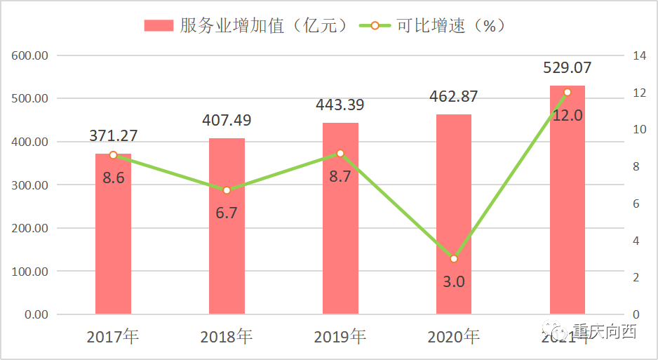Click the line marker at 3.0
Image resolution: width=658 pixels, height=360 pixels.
pos(454,259)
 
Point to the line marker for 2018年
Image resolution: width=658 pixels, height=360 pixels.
pos(227,190)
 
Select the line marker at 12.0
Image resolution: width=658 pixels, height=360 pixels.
pos(568,92)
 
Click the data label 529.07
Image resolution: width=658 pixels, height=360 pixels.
pos(568,68)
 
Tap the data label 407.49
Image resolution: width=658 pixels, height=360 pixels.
pos(227,120)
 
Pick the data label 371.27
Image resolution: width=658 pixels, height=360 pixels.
pos(113,135)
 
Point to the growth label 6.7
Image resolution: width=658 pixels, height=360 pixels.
pos(227,213)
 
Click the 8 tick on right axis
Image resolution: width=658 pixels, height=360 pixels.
pos(636,166)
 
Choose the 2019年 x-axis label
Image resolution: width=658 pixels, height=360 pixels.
pos(340,337)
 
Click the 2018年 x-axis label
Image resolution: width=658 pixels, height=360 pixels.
pos(227,337)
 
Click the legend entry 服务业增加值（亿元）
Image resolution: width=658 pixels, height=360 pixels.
pos(246,26)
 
